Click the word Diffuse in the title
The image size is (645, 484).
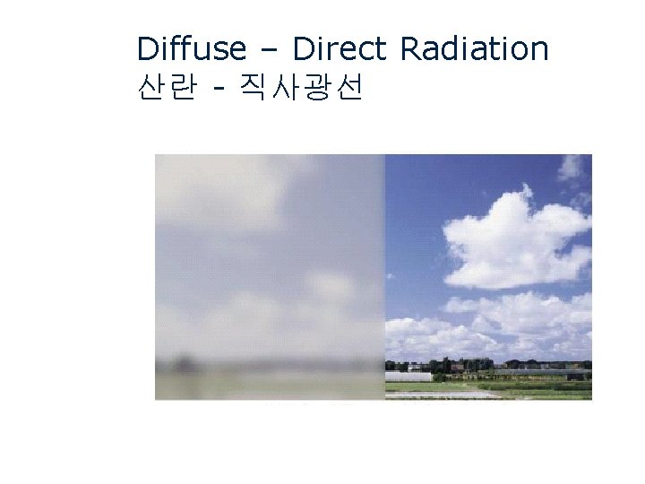click(x=191, y=48)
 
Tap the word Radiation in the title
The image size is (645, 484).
click(x=474, y=48)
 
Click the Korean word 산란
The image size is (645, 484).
click(x=166, y=88)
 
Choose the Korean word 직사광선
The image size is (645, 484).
click(x=301, y=88)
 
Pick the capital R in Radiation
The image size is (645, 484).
click(x=410, y=48)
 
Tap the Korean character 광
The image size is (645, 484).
click(x=316, y=88)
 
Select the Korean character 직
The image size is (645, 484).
click(x=254, y=88)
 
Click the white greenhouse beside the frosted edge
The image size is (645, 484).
click(x=408, y=376)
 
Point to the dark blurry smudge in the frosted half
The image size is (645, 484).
click(x=183, y=363)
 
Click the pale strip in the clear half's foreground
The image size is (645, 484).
click(x=448, y=393)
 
